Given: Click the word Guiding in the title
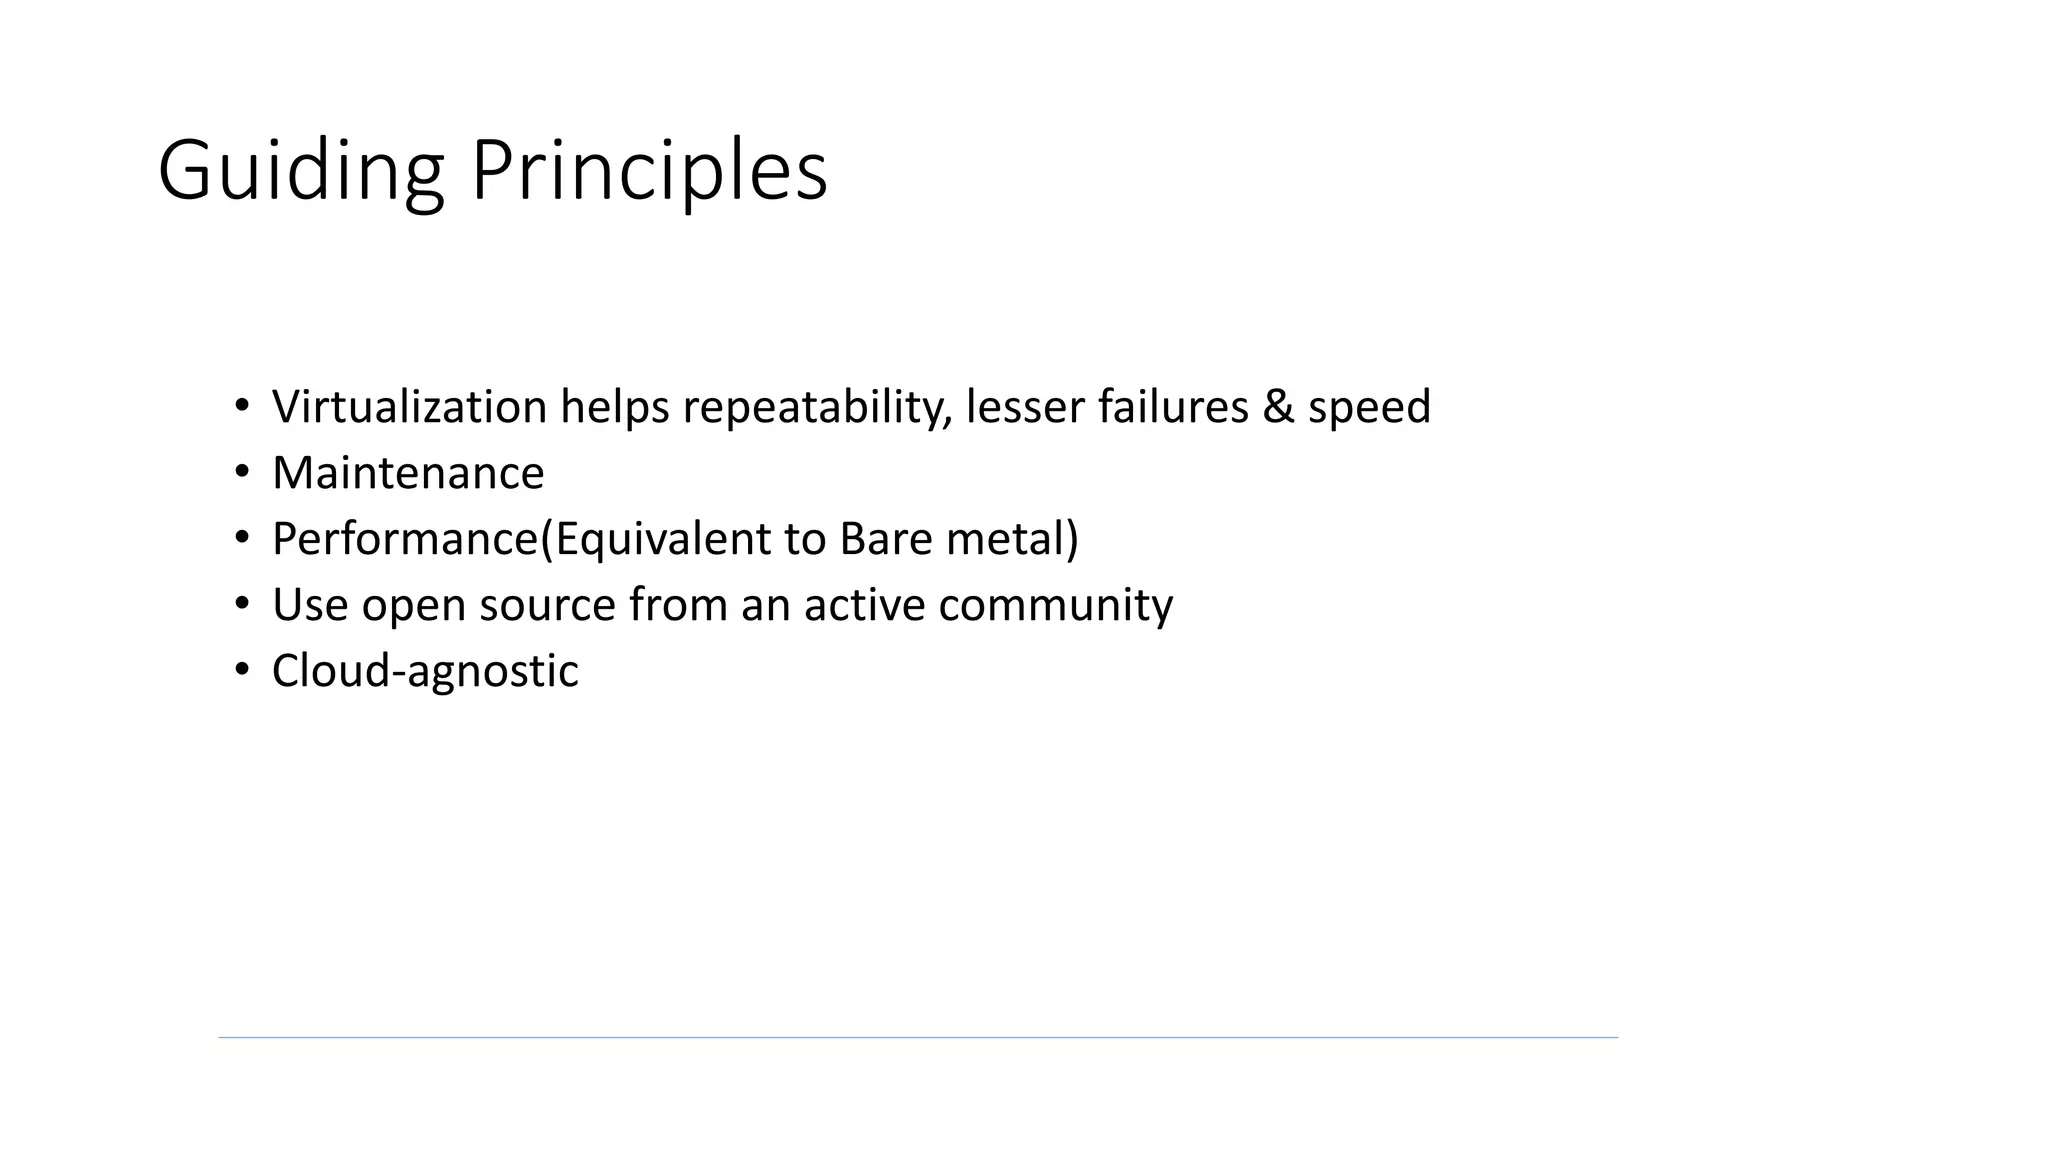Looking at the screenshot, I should (300, 171).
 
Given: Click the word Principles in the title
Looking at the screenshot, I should (649, 171).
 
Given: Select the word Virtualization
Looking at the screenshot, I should (409, 407).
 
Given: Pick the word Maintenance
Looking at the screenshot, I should (408, 473).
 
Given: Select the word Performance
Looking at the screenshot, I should (405, 539).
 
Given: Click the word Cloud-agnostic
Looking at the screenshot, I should (425, 671).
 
